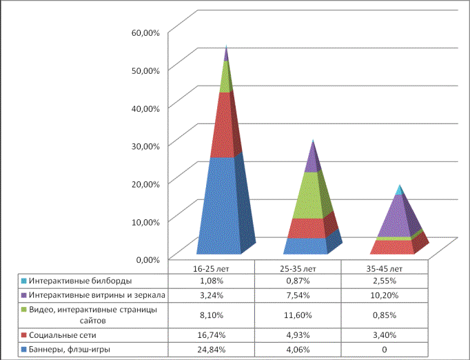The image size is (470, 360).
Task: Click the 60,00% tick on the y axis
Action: [145, 32]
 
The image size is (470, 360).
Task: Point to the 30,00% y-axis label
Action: [145, 146]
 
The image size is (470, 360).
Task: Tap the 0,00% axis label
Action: [147, 259]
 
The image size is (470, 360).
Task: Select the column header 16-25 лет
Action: [211, 268]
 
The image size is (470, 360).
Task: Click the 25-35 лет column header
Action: [298, 268]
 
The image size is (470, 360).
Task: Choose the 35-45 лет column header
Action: [385, 268]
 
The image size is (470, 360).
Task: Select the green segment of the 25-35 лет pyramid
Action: [311, 195]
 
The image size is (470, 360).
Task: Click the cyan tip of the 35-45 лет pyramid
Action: [399, 190]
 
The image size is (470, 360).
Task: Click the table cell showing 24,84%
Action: [211, 350]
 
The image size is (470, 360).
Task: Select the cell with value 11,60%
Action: [298, 315]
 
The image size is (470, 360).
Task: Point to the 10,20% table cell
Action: [385, 295]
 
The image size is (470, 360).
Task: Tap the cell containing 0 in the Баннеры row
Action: [385, 350]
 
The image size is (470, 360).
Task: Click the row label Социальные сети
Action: [62, 334]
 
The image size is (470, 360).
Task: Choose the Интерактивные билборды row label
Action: [81, 281]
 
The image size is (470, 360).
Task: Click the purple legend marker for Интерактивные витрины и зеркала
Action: [24, 295]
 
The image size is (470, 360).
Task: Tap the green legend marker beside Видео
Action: [24, 309]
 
